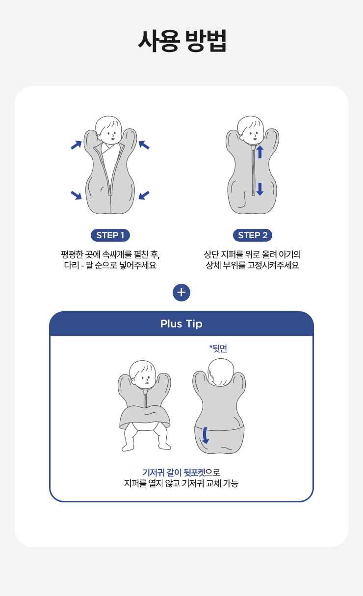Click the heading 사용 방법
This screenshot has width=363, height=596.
pyautogui.click(x=182, y=41)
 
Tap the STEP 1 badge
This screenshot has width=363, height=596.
pyautogui.click(x=110, y=235)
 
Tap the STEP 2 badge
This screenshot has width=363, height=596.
pyautogui.click(x=253, y=235)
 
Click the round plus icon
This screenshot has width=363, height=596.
pyautogui.click(x=181, y=293)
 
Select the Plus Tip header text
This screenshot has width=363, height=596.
pyautogui.click(x=181, y=323)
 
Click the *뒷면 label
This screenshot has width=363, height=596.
pyautogui.click(x=218, y=348)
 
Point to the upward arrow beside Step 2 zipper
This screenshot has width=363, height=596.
pyautogui.click(x=260, y=152)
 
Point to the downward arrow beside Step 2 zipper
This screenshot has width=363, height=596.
pyautogui.click(x=260, y=189)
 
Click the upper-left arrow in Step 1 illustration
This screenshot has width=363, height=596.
pyautogui.click(x=76, y=145)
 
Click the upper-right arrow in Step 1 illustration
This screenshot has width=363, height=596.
pyautogui.click(x=144, y=145)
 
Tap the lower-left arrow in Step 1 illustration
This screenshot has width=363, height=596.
pyautogui.click(x=76, y=195)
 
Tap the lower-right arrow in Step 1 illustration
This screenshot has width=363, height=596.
pyautogui.click(x=144, y=195)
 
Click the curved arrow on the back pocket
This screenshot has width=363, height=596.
pyautogui.click(x=205, y=436)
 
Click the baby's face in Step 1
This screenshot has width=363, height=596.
pyautogui.click(x=109, y=133)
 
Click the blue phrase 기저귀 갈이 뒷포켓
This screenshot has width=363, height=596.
pyautogui.click(x=174, y=472)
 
